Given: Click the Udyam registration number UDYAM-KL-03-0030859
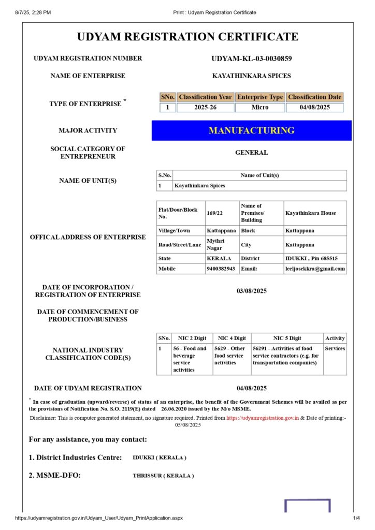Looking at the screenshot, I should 252,58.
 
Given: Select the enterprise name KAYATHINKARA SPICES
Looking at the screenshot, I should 252,76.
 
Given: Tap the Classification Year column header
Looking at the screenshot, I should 205,97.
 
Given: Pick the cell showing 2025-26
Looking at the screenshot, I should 205,108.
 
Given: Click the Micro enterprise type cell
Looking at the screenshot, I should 260,108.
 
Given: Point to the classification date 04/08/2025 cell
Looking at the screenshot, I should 314,108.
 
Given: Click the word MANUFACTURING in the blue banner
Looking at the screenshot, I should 252,130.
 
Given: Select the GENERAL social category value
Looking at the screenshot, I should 252,153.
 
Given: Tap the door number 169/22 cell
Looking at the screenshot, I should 214,213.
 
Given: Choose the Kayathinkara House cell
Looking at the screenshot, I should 310,213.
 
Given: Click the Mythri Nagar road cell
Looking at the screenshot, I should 214,244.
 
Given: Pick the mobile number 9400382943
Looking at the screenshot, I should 221,269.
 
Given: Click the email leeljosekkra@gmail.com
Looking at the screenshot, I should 315,269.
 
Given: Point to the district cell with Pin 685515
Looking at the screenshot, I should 311,258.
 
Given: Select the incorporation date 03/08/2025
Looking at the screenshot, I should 252,291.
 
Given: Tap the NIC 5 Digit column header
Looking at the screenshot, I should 287,338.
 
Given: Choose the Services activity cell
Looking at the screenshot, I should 335,348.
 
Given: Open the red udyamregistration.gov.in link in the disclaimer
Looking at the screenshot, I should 263,417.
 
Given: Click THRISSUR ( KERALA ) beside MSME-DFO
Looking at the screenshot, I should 163,476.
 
